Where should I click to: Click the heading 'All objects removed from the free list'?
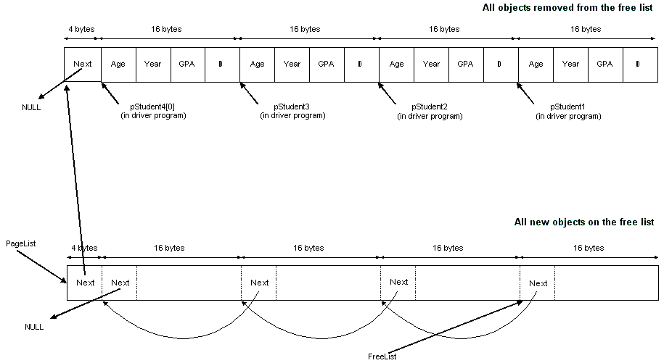tap(568, 8)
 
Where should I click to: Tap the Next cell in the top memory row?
tap(83, 64)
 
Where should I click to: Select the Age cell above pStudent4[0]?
tap(118, 64)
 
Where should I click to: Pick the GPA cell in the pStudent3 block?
tap(327, 64)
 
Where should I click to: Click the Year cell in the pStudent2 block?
tap(431, 64)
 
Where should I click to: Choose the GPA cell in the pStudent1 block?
tap(605, 64)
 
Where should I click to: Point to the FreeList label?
tap(382, 356)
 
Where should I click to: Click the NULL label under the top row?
tap(32, 107)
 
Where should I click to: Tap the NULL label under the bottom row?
tap(34, 327)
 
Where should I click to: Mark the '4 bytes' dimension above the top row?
tap(82, 30)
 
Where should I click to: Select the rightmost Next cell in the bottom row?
tap(538, 283)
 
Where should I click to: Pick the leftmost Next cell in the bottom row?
tap(85, 283)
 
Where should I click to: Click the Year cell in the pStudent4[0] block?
tap(152, 64)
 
